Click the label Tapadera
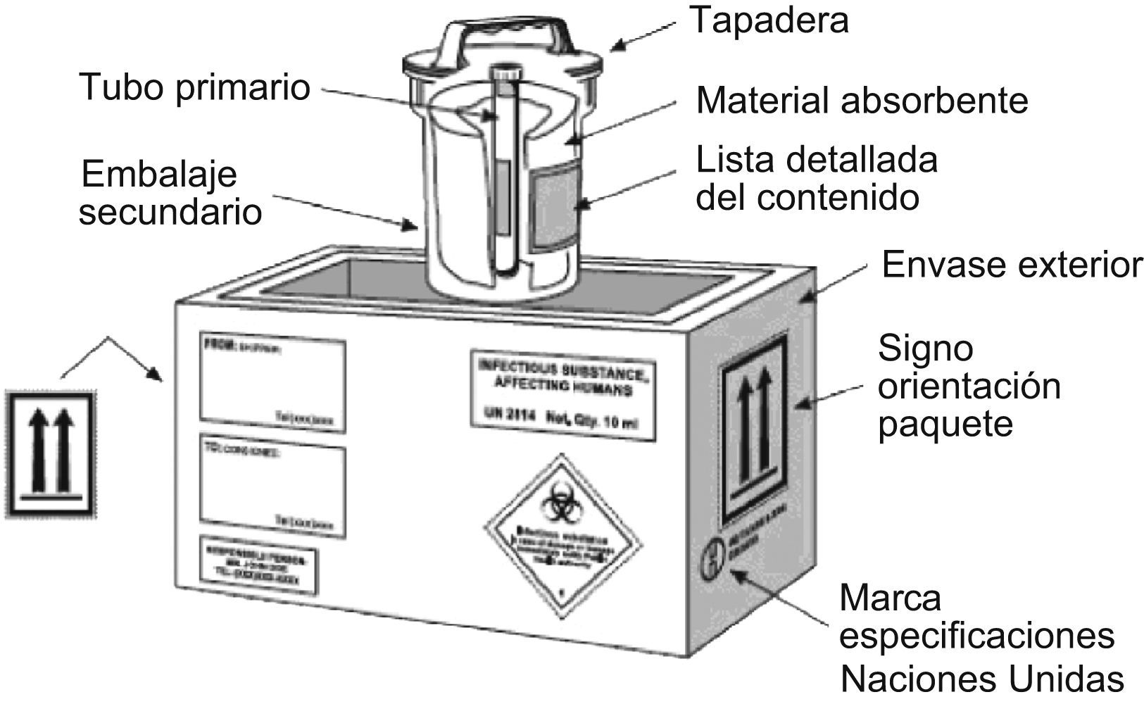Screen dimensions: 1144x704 click(769, 20)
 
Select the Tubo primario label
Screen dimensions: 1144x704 click(195, 88)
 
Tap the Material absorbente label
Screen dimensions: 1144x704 click(862, 101)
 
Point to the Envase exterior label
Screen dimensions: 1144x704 click(1012, 265)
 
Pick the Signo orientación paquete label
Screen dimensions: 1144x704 click(969, 386)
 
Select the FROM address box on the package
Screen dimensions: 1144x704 click(272, 384)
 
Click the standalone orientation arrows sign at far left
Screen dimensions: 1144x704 click(49, 452)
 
